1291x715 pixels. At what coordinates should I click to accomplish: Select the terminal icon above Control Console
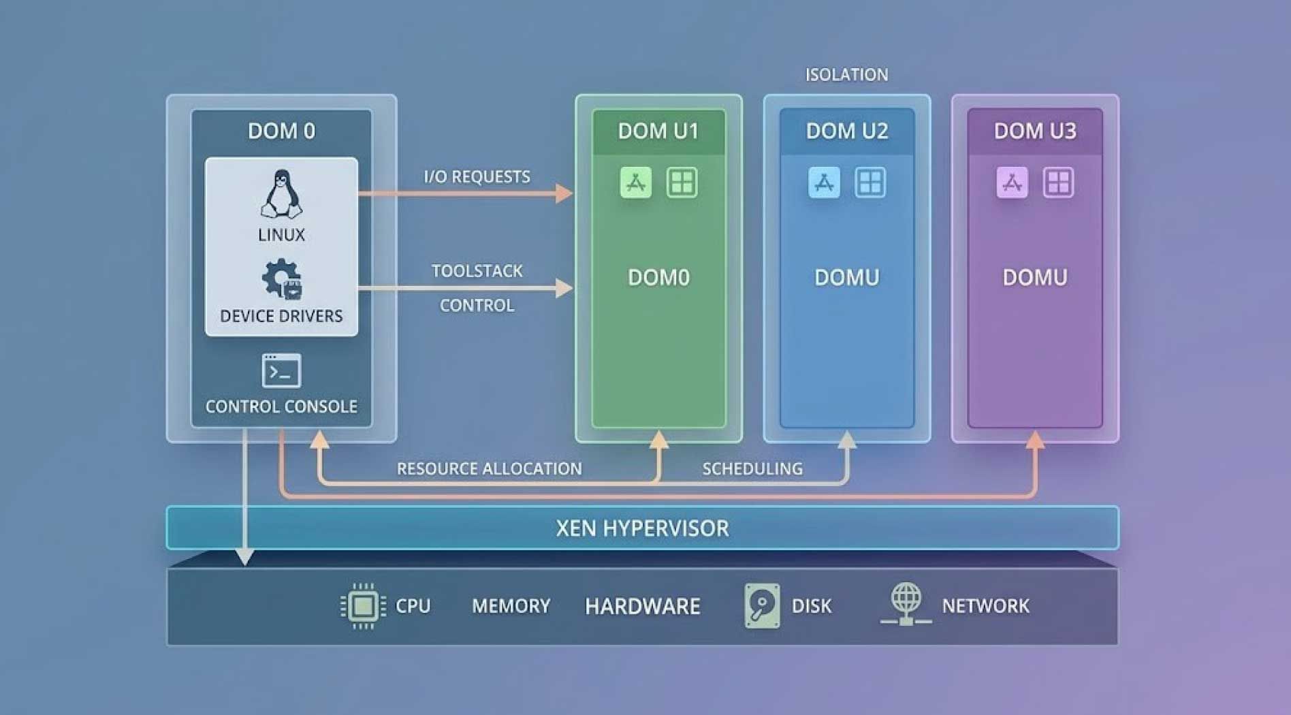281,370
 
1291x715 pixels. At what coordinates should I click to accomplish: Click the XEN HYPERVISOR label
642,528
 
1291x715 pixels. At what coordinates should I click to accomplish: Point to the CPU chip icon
363,605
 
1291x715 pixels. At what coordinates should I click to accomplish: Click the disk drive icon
762,605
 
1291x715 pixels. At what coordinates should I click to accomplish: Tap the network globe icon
906,603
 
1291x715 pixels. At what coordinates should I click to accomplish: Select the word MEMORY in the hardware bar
511,606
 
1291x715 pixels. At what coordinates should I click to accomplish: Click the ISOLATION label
846,74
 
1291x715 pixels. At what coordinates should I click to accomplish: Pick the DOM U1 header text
658,131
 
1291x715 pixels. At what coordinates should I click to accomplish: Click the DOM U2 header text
847,131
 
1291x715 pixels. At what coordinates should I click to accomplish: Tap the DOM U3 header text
1035,131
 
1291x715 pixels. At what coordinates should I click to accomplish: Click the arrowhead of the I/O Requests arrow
565,193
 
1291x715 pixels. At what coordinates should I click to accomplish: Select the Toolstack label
477,271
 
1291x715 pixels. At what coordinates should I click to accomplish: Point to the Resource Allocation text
489,468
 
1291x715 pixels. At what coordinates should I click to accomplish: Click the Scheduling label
752,468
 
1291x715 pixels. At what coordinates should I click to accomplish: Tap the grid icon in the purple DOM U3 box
1058,182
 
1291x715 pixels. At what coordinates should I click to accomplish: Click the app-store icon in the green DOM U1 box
635,182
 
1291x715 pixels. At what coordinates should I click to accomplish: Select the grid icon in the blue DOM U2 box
870,182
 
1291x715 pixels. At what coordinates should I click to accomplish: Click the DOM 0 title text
281,131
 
